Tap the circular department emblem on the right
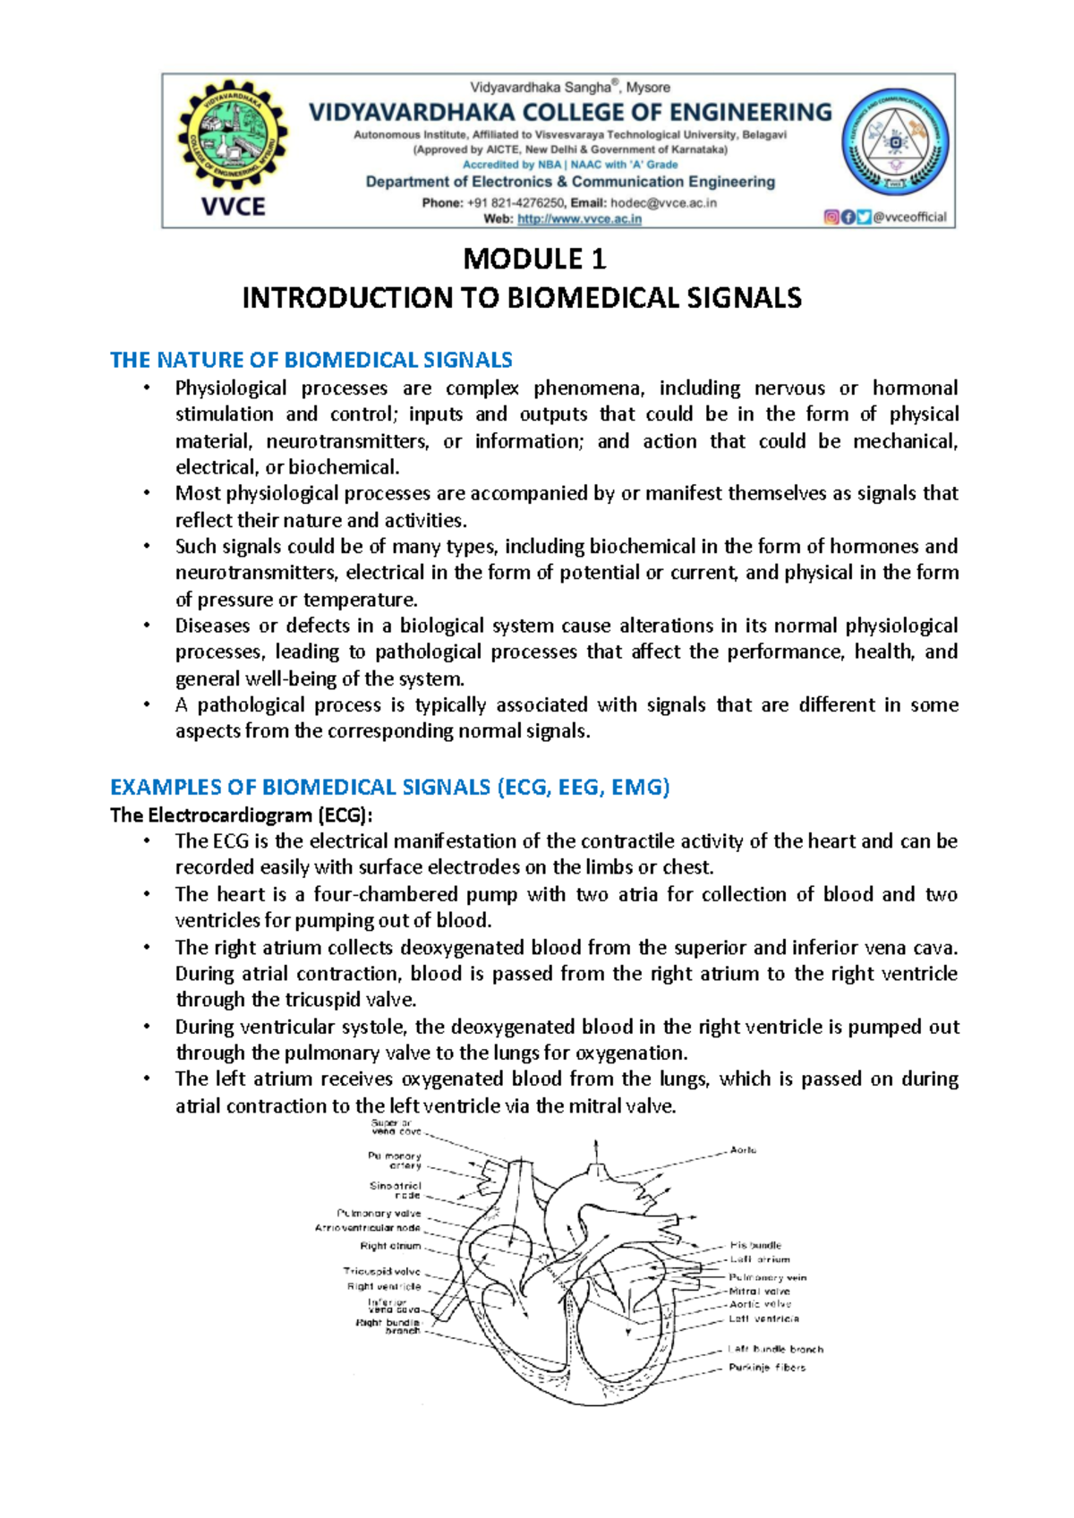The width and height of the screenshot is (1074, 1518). tap(896, 143)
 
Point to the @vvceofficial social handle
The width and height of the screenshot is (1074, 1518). tap(909, 217)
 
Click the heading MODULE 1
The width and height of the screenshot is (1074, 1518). tap(534, 260)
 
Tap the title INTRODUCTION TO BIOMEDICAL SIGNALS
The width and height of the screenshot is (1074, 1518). tap(522, 298)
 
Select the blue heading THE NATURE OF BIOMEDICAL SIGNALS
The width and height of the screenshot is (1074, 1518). tap(311, 360)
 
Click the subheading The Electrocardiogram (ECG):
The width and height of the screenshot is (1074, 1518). tap(242, 814)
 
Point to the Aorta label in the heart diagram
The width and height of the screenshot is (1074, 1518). tap(743, 1150)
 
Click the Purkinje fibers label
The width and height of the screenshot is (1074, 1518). tap(766, 1368)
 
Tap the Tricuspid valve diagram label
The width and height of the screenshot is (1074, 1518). tap(382, 1271)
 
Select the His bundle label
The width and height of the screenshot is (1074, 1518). tap(755, 1245)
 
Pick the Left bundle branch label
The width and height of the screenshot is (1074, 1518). tap(775, 1349)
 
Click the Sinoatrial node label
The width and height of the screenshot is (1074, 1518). tap(396, 1190)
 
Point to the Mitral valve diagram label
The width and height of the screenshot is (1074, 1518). tap(759, 1292)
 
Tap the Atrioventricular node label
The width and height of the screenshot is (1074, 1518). tap(367, 1228)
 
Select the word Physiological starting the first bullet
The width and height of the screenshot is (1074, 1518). tap(231, 388)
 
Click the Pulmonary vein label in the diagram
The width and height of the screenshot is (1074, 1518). tap(767, 1277)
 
